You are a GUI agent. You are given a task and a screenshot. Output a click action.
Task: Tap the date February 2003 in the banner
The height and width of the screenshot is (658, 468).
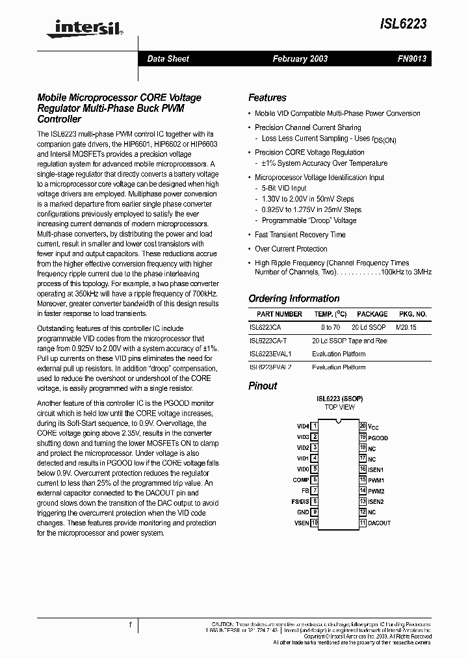[300, 59]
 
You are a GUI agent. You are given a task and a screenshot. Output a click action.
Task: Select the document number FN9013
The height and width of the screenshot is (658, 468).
[411, 59]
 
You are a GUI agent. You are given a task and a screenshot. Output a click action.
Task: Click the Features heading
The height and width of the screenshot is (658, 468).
[267, 98]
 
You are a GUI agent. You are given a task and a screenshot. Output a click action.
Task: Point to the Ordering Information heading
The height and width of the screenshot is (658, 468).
[294, 298]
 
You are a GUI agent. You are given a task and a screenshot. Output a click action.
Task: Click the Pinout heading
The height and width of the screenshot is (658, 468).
[263, 386]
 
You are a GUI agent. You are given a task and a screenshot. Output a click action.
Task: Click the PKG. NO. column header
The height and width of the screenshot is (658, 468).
[413, 314]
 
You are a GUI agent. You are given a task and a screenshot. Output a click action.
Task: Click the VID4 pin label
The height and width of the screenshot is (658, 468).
[302, 427]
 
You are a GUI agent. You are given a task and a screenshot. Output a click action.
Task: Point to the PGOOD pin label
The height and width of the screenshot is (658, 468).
[378, 438]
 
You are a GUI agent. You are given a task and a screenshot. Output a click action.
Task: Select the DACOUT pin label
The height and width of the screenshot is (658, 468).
[379, 523]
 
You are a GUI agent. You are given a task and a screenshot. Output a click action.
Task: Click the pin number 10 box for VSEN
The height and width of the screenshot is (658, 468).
[315, 523]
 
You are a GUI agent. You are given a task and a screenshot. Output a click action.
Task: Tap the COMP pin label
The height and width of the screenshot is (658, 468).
[300, 480]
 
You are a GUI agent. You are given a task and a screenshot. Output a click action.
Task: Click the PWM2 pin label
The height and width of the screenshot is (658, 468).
[376, 491]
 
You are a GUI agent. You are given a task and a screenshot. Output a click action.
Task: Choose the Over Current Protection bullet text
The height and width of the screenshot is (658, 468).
[291, 249]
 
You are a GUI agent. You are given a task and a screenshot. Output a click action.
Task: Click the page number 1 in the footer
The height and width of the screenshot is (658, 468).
[130, 625]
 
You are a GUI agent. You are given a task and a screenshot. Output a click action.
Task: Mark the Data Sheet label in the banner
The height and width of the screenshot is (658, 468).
[168, 59]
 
